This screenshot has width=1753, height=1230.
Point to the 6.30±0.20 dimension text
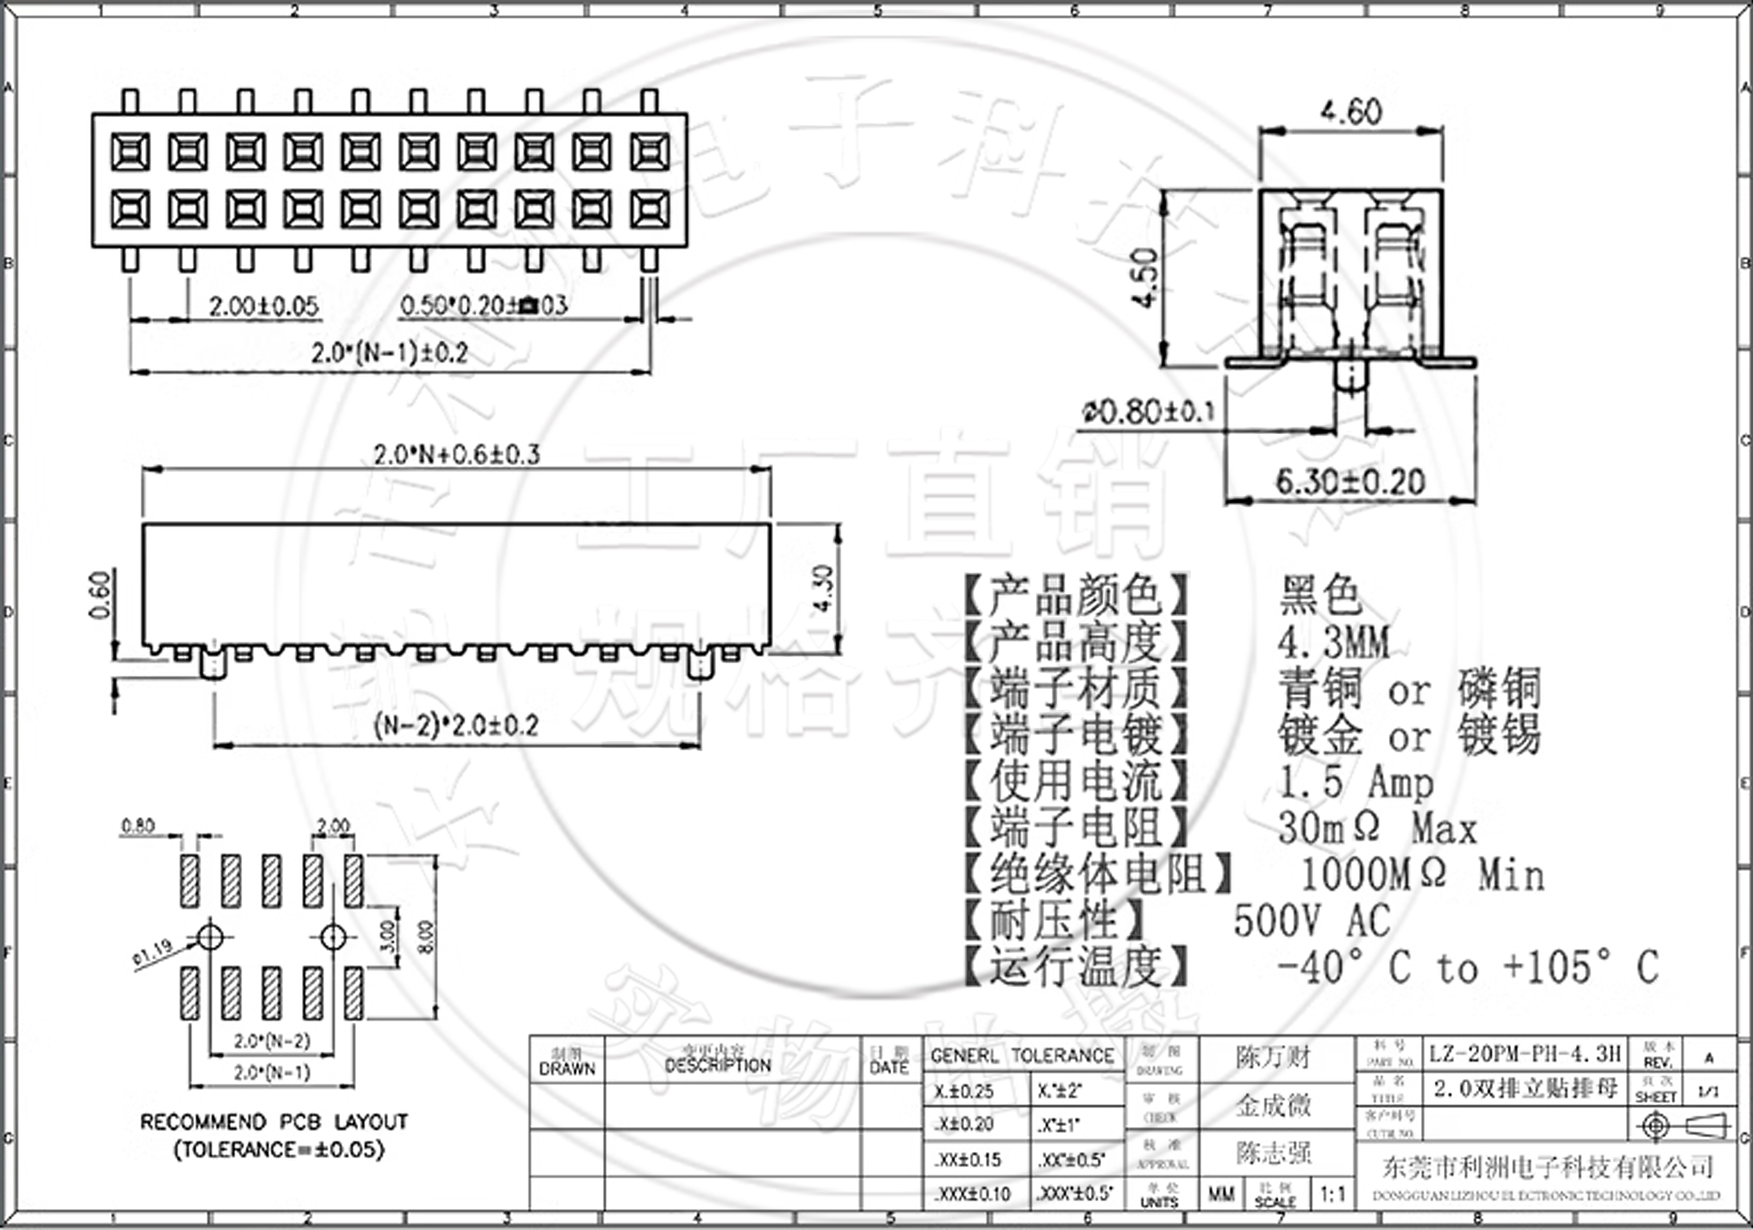pyautogui.click(x=1350, y=482)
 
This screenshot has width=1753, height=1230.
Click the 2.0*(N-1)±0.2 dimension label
pyautogui.click(x=390, y=353)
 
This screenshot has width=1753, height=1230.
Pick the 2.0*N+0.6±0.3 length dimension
pyautogui.click(x=456, y=455)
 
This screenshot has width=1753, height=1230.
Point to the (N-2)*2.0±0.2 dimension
pyautogui.click(x=456, y=725)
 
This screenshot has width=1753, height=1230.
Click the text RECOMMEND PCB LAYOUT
pyautogui.click(x=274, y=1122)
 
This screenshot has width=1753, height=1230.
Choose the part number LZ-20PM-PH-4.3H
pyautogui.click(x=1525, y=1054)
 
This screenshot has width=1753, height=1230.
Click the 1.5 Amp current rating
pyautogui.click(x=1355, y=783)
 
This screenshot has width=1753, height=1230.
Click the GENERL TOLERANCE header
pyautogui.click(x=1022, y=1056)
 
